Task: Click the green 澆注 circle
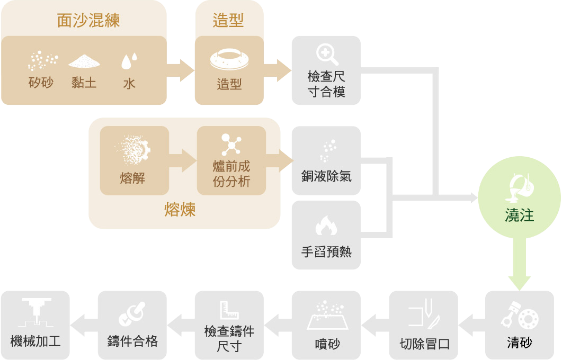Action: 519,199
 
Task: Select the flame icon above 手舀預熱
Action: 326,226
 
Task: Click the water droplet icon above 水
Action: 129,61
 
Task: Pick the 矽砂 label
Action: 41,83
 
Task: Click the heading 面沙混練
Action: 88,21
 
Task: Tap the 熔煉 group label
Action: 180,210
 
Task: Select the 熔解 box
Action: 134,160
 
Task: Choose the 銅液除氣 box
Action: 326,160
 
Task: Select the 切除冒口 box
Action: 423,325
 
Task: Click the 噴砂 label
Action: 326,344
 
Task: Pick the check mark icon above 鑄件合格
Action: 132,312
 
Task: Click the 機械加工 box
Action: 35,325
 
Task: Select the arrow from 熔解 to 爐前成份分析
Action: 182,160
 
